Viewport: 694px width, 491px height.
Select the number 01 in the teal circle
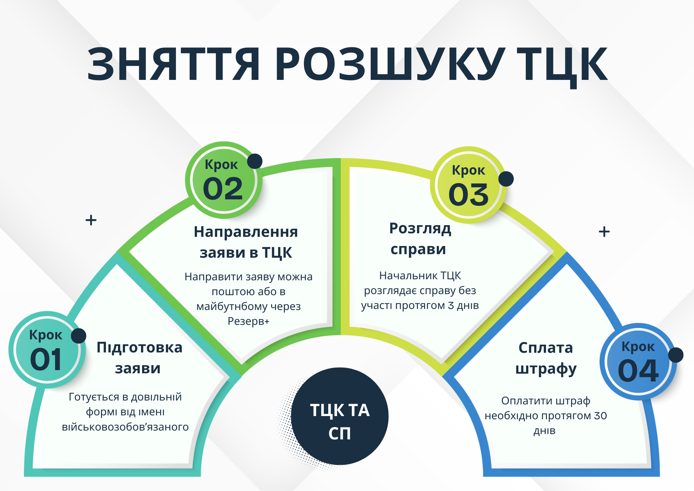click(46, 360)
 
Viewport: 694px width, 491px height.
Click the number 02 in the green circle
click(223, 188)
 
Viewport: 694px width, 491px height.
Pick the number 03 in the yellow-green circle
click(469, 194)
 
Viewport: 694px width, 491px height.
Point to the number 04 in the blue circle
click(638, 370)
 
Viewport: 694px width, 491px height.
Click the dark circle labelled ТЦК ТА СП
click(340, 416)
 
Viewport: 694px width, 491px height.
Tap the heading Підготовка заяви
click(139, 358)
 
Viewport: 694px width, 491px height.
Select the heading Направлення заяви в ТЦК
click(246, 242)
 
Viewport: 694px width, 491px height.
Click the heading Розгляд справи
click(420, 239)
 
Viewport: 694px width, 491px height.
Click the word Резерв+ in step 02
click(248, 321)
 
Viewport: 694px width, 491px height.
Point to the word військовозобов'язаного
click(125, 427)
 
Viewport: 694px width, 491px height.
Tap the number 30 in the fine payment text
click(600, 416)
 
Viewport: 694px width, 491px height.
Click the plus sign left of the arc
click(91, 220)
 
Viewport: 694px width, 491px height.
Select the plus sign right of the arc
click(604, 232)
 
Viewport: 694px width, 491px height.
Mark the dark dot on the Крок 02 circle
click(255, 161)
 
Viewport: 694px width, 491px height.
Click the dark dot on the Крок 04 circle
click(676, 355)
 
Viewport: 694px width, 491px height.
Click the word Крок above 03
click(469, 170)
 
